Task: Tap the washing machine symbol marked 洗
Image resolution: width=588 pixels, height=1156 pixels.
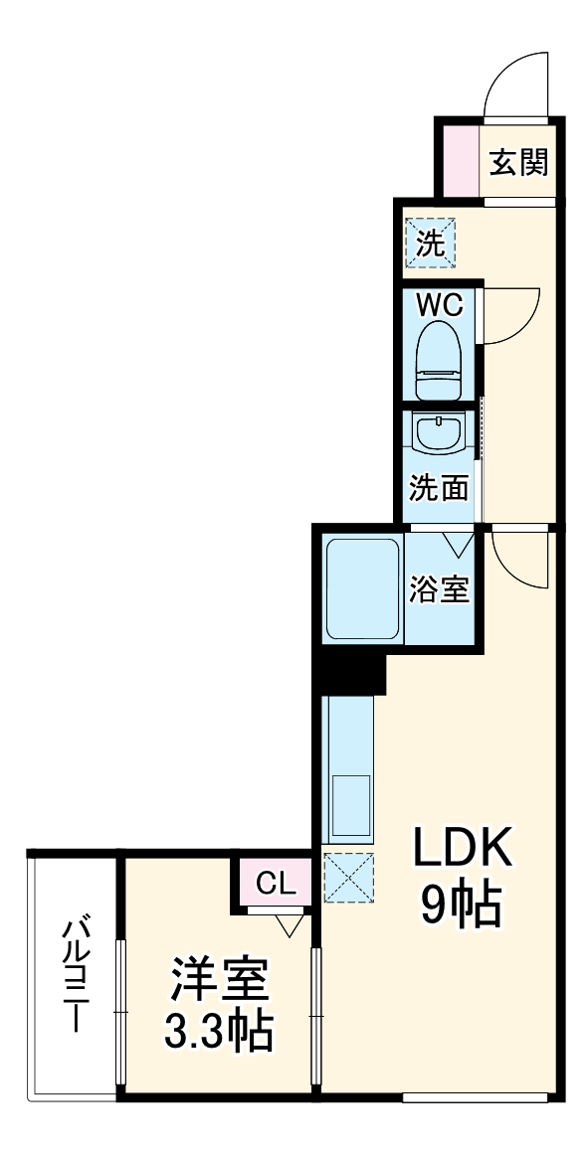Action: (x=430, y=243)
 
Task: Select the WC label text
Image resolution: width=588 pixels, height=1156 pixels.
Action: (x=439, y=305)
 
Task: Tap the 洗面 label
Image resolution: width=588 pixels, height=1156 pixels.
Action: (x=439, y=488)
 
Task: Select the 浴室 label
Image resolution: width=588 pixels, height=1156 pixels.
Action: (x=439, y=588)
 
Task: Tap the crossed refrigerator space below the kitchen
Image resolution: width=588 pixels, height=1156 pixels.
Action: (x=348, y=877)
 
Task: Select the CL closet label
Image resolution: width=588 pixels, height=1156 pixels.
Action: (x=275, y=883)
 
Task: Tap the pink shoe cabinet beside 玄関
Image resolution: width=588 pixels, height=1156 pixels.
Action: (x=459, y=160)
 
